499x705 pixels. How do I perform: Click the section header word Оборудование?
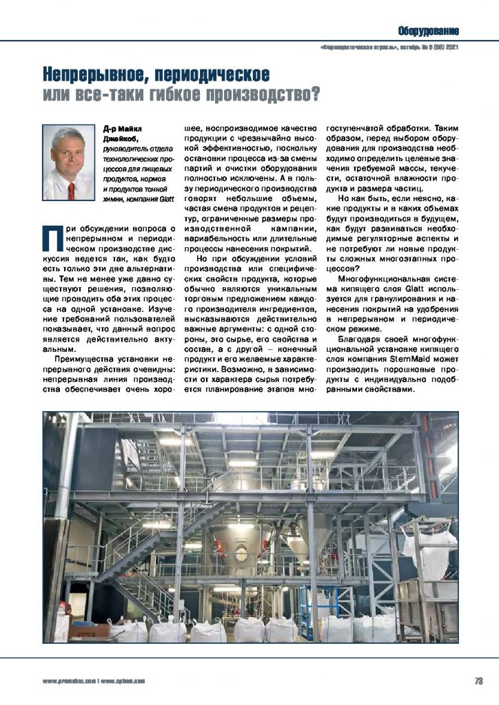[x=428, y=30]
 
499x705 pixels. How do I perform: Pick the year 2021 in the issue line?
[x=451, y=48]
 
